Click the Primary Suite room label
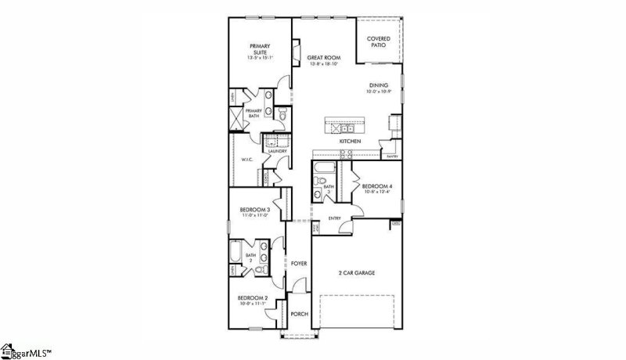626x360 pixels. [x=259, y=49]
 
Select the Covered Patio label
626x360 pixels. [x=379, y=41]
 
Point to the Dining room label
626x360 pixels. [x=380, y=88]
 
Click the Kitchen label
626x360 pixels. [x=349, y=141]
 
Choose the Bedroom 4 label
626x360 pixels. [x=376, y=188]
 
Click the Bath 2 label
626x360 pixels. [x=250, y=257]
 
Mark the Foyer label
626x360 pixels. [x=298, y=264]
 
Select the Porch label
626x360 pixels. [x=299, y=314]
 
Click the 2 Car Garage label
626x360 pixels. [x=356, y=272]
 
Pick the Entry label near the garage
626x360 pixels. [x=334, y=218]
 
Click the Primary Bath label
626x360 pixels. [x=254, y=112]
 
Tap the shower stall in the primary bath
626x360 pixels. [x=237, y=121]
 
